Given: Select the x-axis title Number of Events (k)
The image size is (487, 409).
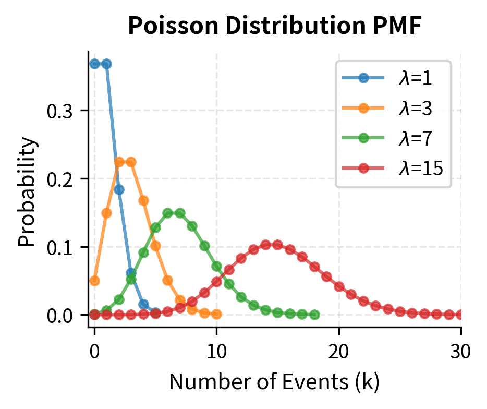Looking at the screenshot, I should [x=274, y=382].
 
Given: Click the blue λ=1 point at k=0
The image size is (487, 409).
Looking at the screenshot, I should [x=94, y=64].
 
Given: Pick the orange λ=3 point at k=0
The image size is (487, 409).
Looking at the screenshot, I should [x=94, y=281].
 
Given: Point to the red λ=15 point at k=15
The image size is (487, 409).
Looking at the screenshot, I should [x=278, y=245].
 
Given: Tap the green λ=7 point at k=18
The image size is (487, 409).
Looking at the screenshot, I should [x=314, y=315].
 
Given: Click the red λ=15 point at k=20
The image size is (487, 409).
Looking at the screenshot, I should [x=339, y=286].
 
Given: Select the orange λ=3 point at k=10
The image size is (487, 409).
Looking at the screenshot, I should [x=216, y=314].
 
